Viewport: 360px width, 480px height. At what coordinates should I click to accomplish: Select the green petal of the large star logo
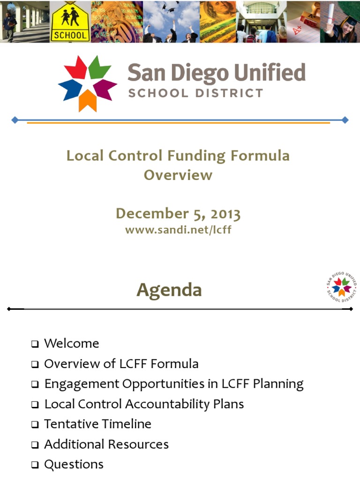pyautogui.click(x=99, y=67)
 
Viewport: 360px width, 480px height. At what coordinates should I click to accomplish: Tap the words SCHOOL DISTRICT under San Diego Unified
pyautogui.click(x=195, y=93)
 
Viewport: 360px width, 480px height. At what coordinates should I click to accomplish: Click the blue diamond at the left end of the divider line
pyautogui.click(x=15, y=120)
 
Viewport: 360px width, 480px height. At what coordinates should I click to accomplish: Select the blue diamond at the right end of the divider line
pyautogui.click(x=345, y=120)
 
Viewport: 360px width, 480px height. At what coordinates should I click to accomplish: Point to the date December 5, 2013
pyautogui.click(x=178, y=214)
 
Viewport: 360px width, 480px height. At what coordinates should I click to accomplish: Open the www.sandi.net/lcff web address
pyautogui.click(x=178, y=230)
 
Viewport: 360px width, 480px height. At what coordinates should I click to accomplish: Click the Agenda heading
pyautogui.click(x=169, y=290)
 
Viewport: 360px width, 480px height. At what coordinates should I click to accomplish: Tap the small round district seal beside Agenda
pyautogui.click(x=341, y=286)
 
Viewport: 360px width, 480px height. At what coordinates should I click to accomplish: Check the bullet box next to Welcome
pyautogui.click(x=35, y=344)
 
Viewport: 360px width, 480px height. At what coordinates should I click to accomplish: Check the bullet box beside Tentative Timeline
pyautogui.click(x=35, y=425)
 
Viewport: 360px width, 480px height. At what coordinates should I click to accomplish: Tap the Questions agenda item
pyautogui.click(x=74, y=464)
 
